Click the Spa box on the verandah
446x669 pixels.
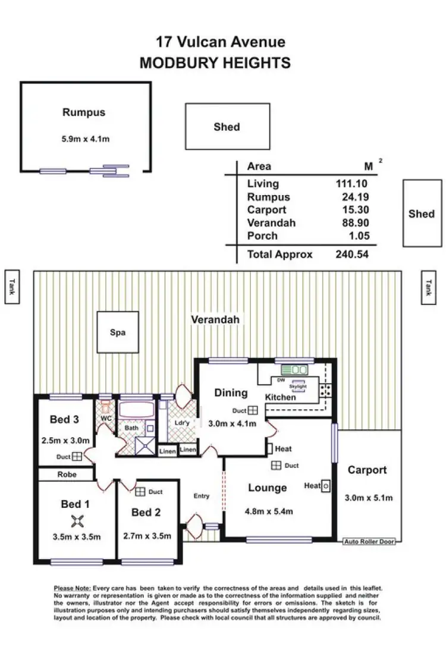tap(118, 332)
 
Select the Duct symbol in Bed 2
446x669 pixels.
tap(141, 492)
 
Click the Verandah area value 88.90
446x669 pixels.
tap(353, 223)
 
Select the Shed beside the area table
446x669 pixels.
tap(421, 213)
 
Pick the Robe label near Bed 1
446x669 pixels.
tap(66, 475)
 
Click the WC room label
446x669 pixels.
tap(106, 418)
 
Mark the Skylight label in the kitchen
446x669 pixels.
tap(297, 386)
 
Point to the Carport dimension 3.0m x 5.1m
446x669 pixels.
tap(369, 498)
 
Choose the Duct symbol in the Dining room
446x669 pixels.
tap(253, 410)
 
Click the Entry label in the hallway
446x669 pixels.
tap(202, 495)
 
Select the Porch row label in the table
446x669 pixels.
tap(262, 235)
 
